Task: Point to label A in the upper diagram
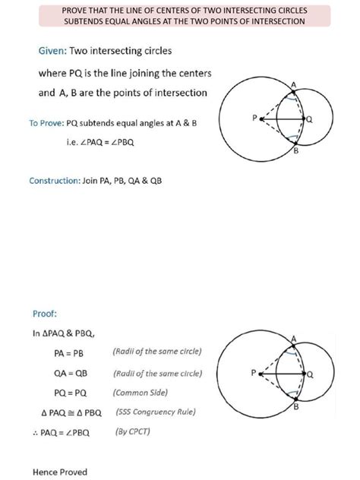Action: tap(294, 84)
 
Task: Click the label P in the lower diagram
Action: tap(254, 374)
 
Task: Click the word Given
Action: tap(51, 51)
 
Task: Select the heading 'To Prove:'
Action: tap(46, 123)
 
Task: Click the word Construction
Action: tap(54, 181)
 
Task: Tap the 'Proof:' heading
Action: tap(45, 313)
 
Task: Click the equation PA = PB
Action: tap(68, 353)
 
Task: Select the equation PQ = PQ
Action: tap(71, 393)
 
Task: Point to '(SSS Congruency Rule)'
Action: tap(156, 412)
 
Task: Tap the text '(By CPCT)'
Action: tap(134, 431)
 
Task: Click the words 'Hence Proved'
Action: tap(60, 472)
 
